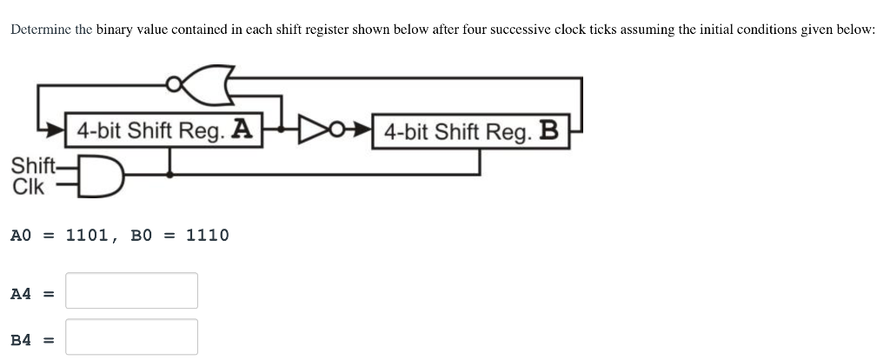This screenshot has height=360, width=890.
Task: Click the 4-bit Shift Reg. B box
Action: [x=470, y=131]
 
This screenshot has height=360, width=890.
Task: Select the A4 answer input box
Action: [x=132, y=291]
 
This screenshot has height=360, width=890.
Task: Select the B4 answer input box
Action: [x=132, y=337]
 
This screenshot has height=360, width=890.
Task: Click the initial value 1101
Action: [x=87, y=235]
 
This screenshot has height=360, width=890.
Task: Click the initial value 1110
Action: [x=208, y=235]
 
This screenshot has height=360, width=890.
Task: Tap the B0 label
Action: [x=141, y=235]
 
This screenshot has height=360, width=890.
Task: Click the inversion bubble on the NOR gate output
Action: [x=175, y=83]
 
